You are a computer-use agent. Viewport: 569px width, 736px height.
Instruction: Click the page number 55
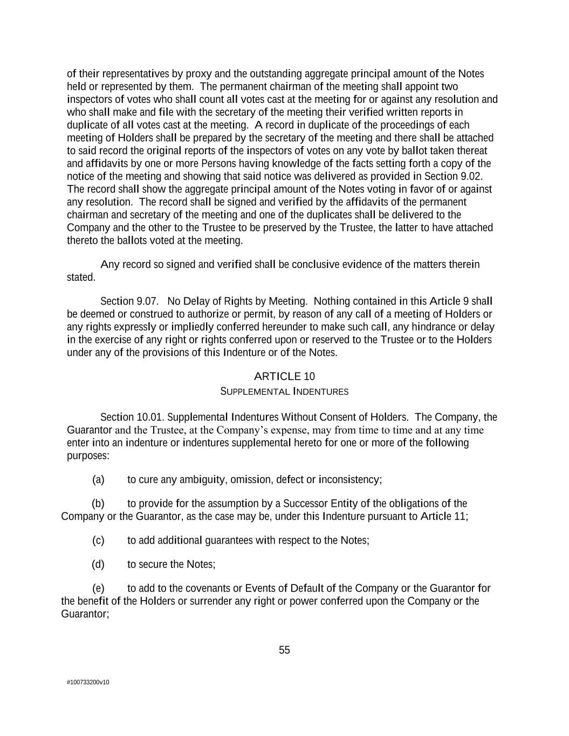tap(284, 650)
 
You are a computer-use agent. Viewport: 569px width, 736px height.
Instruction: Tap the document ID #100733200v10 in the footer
tap(88, 682)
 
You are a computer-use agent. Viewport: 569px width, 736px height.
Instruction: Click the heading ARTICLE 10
tap(284, 376)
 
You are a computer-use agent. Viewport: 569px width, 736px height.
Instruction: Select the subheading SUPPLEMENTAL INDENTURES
tap(284, 391)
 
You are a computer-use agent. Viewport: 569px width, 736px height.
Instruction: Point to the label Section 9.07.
tap(129, 301)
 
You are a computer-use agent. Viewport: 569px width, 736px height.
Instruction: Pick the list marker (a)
tap(98, 480)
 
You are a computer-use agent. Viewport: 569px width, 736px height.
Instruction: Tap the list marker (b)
tap(98, 504)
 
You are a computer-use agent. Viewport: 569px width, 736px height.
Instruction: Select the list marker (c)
tap(98, 540)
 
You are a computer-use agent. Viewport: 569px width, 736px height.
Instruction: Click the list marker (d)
tap(98, 565)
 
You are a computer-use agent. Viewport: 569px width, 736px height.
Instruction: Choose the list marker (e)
tap(98, 588)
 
